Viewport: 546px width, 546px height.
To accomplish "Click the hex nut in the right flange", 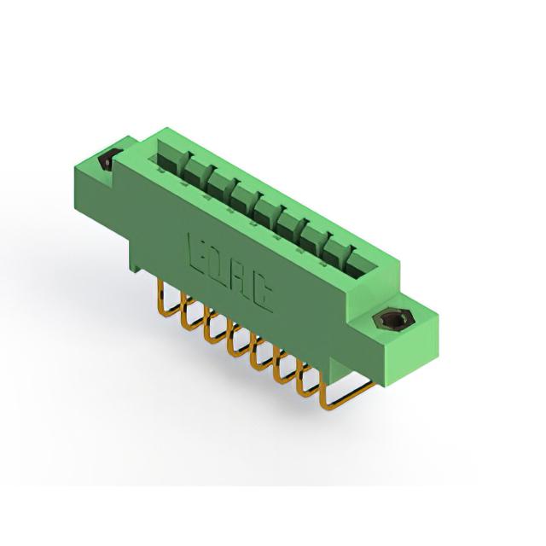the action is click(388, 319).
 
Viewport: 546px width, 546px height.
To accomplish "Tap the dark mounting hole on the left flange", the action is click(106, 159).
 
